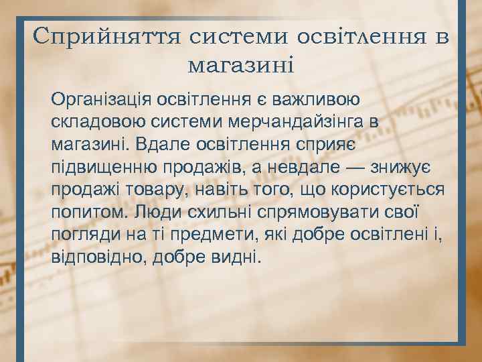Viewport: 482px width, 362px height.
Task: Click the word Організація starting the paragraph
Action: (100, 100)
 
